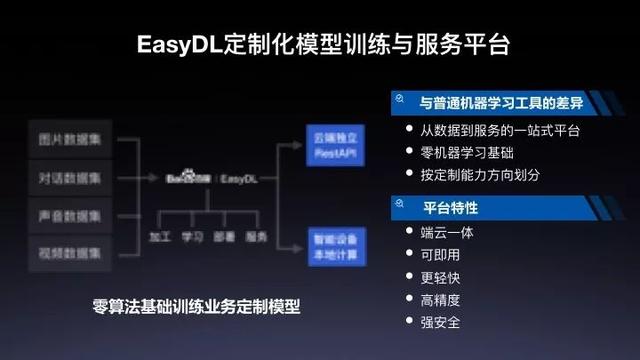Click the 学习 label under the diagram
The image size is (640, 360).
(x=193, y=237)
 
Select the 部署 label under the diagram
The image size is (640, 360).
(x=225, y=237)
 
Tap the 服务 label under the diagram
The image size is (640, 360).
(x=257, y=237)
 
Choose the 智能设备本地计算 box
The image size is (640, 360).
(x=331, y=244)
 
